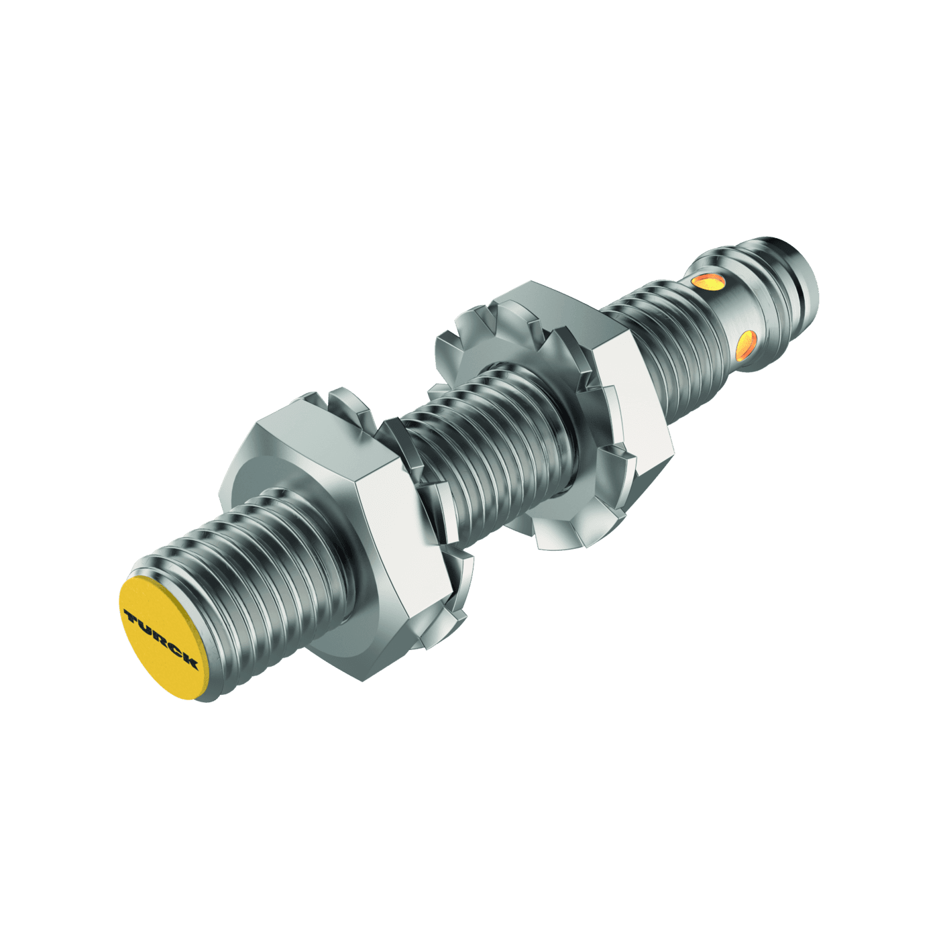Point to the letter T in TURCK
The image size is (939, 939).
[130, 614]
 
